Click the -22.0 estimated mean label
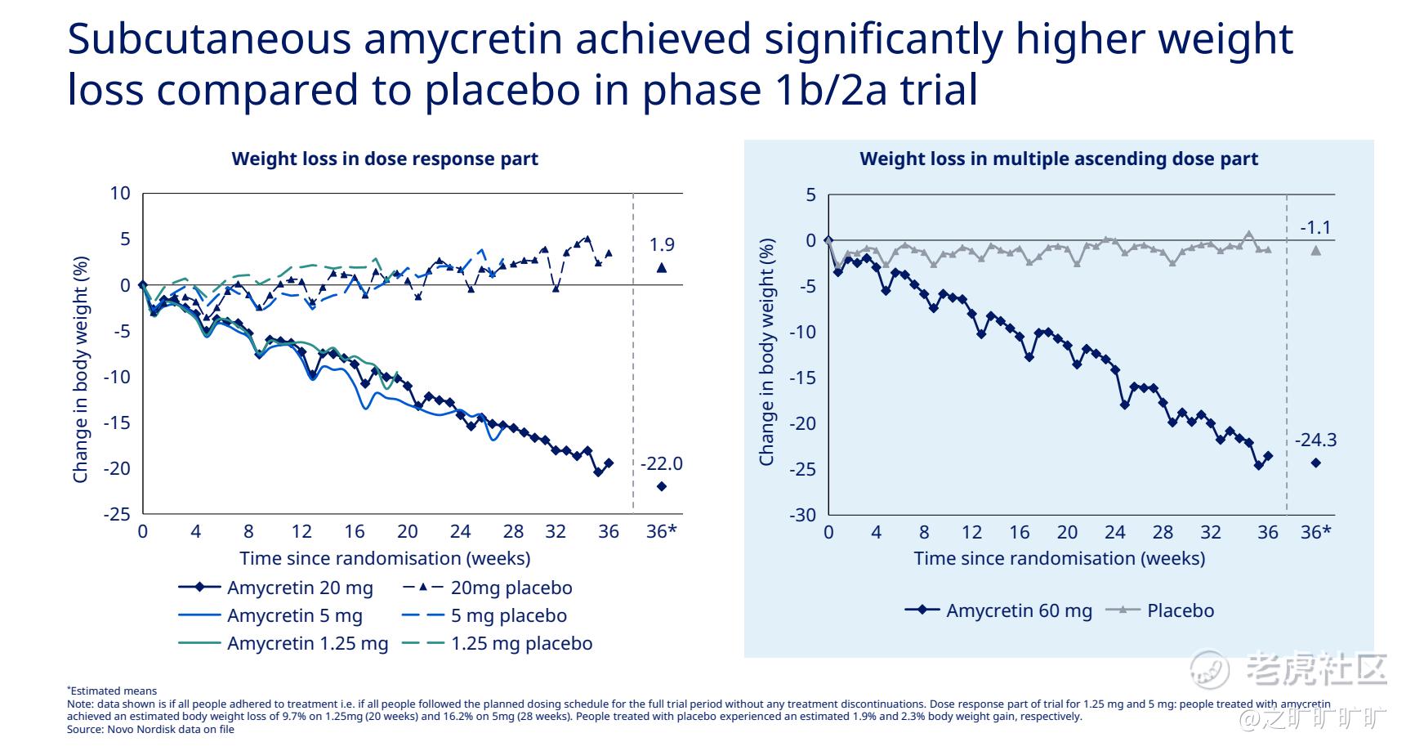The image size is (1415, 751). coord(661,464)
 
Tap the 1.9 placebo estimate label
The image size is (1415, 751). coord(662,244)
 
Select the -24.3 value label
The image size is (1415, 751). coord(1315,440)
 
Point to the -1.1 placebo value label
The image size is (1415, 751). coord(1315,227)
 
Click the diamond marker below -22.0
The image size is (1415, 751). coord(662,486)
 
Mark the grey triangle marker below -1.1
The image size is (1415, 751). coord(1316,250)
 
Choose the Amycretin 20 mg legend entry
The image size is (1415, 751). coord(276,588)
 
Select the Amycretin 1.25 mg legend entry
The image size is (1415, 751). coord(283,643)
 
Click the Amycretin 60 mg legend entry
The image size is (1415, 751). coord(998,610)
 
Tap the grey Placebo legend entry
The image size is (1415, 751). coord(1160,610)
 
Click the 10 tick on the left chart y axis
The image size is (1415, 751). coord(120,194)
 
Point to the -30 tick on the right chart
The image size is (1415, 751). coord(802,515)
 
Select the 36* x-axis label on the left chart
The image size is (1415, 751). coord(662,532)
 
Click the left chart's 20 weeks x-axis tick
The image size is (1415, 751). coord(408,532)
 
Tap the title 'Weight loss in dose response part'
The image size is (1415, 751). coord(385,159)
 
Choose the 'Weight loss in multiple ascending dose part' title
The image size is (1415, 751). coord(1059,159)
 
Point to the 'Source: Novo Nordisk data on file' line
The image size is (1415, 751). coord(150,729)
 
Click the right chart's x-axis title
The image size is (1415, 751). coord(1059,558)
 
